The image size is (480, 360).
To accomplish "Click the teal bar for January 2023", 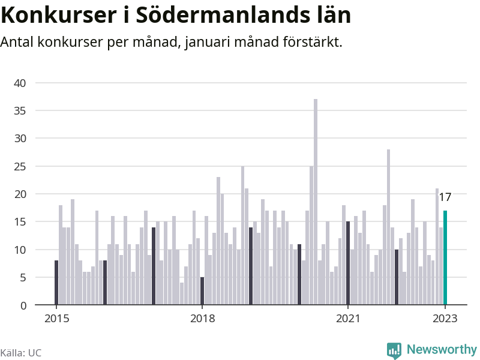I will click(x=445, y=258).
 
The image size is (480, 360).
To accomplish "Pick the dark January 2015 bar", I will click(x=56, y=283).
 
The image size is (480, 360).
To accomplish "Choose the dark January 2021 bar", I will click(x=348, y=263).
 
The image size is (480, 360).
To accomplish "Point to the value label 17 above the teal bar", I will click(x=445, y=197).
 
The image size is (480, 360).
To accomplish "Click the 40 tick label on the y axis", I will click(x=20, y=83).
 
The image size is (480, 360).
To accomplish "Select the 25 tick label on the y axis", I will click(x=20, y=166).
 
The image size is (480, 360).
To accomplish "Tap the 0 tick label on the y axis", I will click(x=23, y=305).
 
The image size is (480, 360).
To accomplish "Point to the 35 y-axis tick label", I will click(x=20, y=111).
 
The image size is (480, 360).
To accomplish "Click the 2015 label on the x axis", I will click(x=56, y=319).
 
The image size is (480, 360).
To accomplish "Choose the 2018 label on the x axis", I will click(x=202, y=319).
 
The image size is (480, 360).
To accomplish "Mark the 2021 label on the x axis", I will click(x=348, y=319).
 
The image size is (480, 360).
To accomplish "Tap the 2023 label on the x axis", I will click(x=445, y=319).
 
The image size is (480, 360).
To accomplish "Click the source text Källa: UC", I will click(x=21, y=353).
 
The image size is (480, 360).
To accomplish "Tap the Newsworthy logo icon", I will click(x=394, y=350).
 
